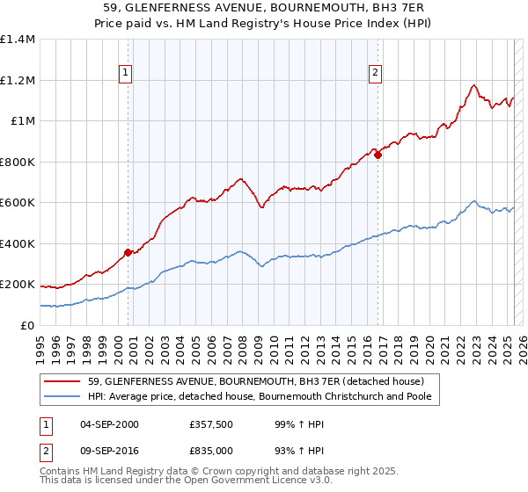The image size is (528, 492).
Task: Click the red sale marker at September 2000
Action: (x=128, y=252)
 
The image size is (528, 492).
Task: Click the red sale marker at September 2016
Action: (x=378, y=156)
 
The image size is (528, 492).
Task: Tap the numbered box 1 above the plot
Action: (x=125, y=73)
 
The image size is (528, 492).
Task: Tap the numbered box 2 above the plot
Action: (x=376, y=73)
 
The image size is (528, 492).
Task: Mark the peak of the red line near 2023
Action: (x=474, y=84)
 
